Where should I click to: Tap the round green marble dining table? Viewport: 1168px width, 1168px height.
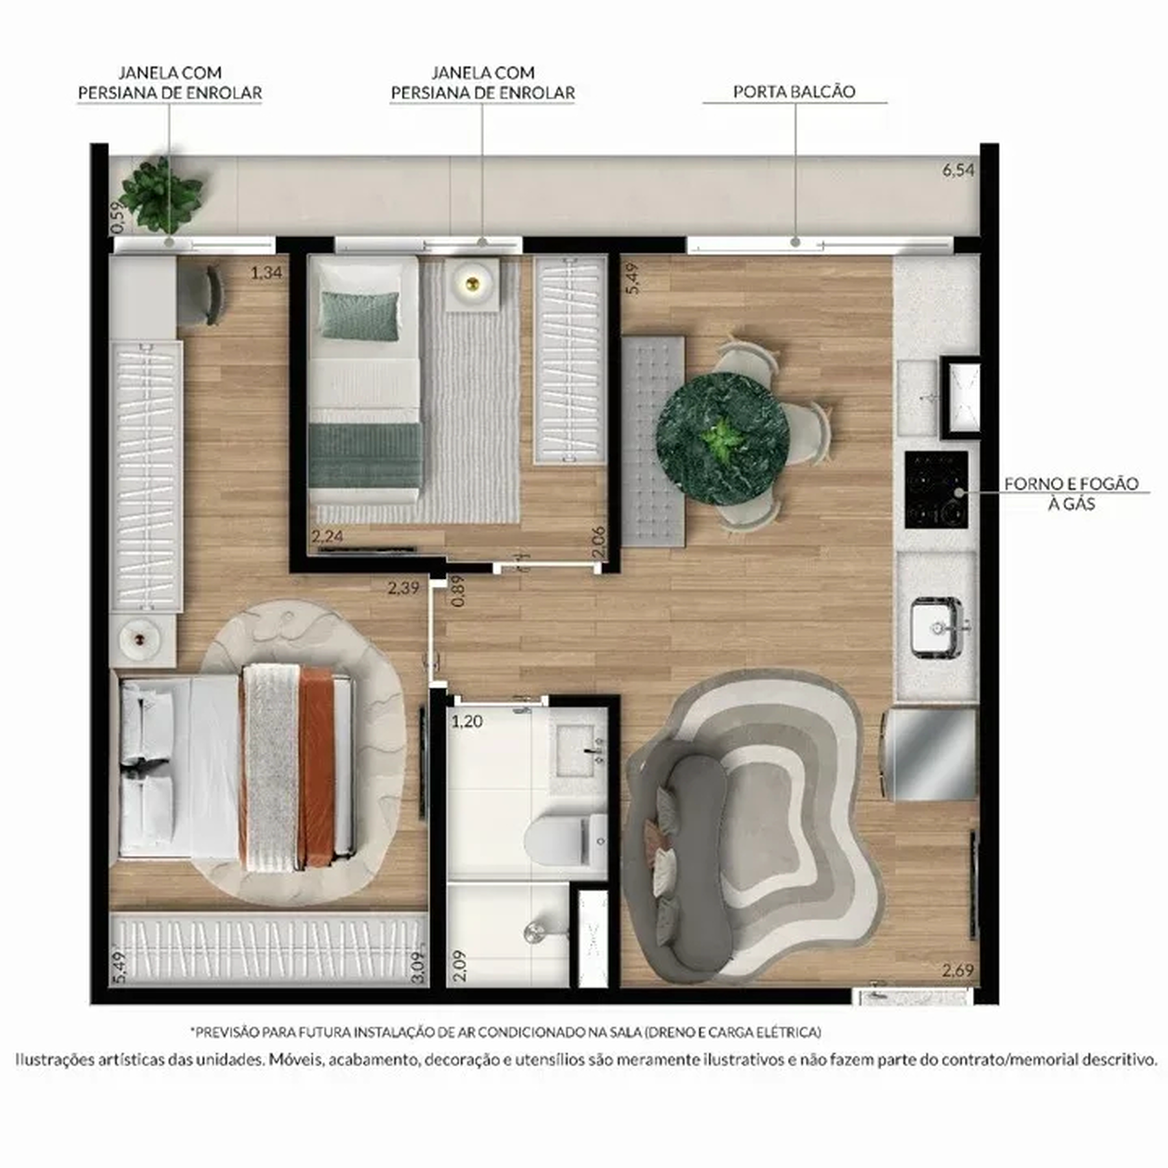coord(722,439)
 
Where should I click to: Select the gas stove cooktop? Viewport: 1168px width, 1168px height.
coord(936,489)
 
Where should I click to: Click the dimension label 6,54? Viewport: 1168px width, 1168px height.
coord(958,171)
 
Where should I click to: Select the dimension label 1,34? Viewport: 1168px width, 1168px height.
coord(266,273)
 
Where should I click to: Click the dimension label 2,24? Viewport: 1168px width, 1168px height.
coord(327,536)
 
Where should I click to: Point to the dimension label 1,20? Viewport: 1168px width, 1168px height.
coord(467,721)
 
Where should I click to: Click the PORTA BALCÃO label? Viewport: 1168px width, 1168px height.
coord(794,91)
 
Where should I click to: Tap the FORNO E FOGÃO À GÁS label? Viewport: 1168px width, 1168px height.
coord(1071,493)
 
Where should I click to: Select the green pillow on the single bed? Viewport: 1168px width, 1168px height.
coord(361,315)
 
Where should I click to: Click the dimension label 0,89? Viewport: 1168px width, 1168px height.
coord(457,590)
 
